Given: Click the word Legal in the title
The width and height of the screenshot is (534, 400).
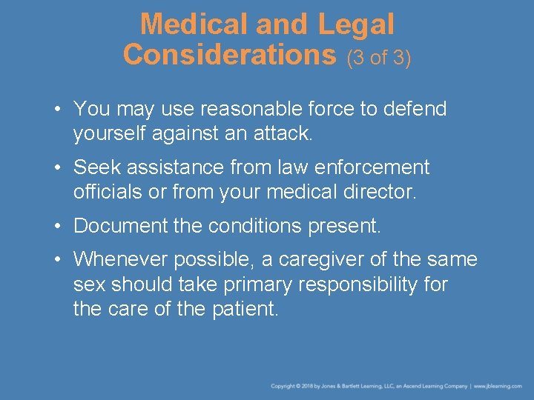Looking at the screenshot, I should click(x=357, y=24).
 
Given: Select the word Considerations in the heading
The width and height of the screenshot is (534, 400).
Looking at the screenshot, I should click(x=230, y=54).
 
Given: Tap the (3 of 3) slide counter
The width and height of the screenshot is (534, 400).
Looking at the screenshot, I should click(x=378, y=56).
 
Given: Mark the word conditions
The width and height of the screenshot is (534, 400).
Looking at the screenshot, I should click(x=248, y=226).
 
